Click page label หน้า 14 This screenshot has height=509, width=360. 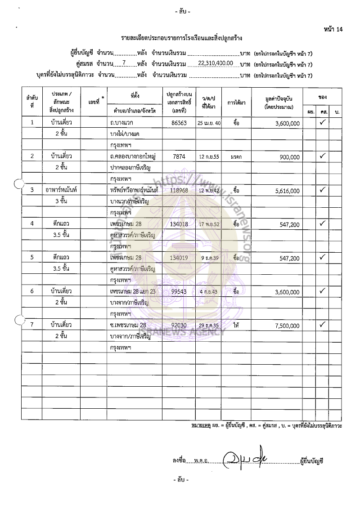click(x=333, y=30)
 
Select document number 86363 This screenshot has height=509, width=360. click(x=179, y=122)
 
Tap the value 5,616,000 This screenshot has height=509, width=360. click(x=287, y=191)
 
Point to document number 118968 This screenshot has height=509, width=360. click(x=179, y=190)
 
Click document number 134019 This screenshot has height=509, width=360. click(x=179, y=258)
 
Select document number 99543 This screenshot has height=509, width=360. click(x=179, y=291)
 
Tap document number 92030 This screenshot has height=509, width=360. click(x=179, y=325)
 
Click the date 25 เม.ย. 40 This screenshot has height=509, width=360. click(x=209, y=123)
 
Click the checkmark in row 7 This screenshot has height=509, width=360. click(x=322, y=324)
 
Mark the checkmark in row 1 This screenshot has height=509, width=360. click(x=322, y=122)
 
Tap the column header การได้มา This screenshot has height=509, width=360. click(x=236, y=103)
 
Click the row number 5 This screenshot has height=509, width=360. click(x=32, y=258)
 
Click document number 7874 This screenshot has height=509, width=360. click(x=179, y=156)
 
